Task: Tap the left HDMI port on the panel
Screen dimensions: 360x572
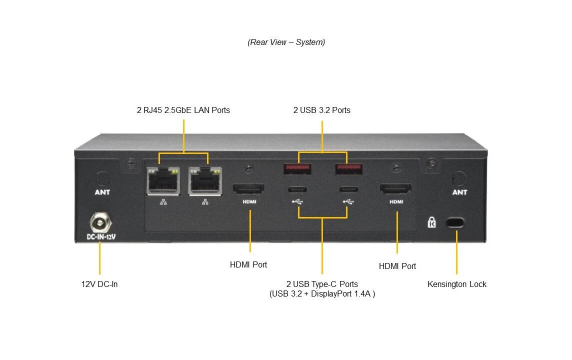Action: [248, 189]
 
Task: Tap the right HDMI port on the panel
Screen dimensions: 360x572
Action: [396, 189]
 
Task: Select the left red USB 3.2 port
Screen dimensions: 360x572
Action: [298, 169]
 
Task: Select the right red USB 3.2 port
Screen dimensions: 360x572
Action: [348, 169]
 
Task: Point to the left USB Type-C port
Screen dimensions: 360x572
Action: [298, 189]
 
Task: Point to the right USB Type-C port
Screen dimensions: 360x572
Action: [348, 189]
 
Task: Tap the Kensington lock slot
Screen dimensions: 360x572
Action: [455, 222]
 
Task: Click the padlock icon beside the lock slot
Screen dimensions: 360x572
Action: [432, 222]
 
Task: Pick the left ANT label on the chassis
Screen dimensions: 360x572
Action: [102, 192]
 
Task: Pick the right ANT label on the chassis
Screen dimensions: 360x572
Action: [459, 192]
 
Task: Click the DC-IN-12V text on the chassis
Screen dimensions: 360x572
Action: [101, 236]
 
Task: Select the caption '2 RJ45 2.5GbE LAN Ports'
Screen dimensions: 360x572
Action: [183, 110]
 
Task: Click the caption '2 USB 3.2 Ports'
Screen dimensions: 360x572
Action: [322, 110]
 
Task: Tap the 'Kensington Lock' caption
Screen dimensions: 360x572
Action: [456, 284]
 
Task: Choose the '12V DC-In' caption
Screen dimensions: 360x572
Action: [99, 284]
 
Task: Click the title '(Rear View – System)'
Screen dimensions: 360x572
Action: [286, 42]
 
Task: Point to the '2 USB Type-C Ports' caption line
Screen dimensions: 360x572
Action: [322, 284]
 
